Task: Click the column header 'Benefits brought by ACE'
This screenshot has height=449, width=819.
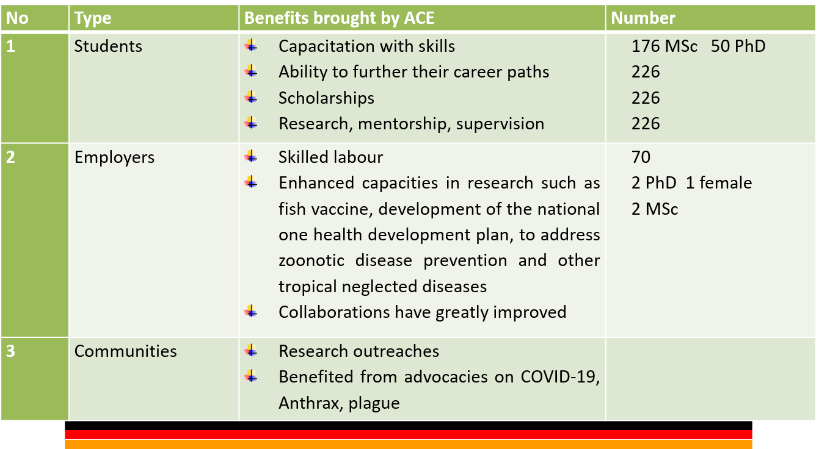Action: coord(339,18)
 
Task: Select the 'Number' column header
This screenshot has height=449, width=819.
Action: coord(643,18)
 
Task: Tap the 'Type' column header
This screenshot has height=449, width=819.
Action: coord(93,18)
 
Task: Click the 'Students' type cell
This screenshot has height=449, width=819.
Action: coord(108,46)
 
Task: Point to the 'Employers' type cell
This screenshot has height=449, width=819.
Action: coord(114,157)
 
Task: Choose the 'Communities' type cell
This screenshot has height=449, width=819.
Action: coord(125,351)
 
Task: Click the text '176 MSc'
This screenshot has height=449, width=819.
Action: coord(664,46)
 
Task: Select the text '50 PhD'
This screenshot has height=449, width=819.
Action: coord(738,46)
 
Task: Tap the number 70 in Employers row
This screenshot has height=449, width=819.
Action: coord(641,157)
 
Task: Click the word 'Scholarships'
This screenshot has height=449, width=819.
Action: coord(326,98)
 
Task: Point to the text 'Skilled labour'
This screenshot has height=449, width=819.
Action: coord(330,157)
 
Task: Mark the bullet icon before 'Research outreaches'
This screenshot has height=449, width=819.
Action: coord(251,351)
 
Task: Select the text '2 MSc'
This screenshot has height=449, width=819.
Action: coord(655,209)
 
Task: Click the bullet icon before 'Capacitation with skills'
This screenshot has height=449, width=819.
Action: coord(251,46)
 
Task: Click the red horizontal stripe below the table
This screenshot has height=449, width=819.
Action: coord(408,434)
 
